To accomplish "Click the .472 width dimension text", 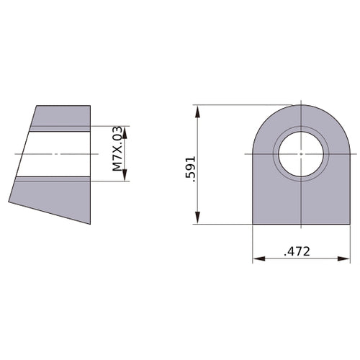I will coord(297,252).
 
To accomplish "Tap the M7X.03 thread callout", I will coord(117,153).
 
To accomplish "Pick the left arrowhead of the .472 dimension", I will coord(256,258).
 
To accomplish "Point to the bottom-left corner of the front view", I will coord(253,223).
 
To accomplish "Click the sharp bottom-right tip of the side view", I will coord(90,224).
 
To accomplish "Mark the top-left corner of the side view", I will coord(35,106).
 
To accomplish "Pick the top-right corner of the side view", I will coord(90,106).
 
